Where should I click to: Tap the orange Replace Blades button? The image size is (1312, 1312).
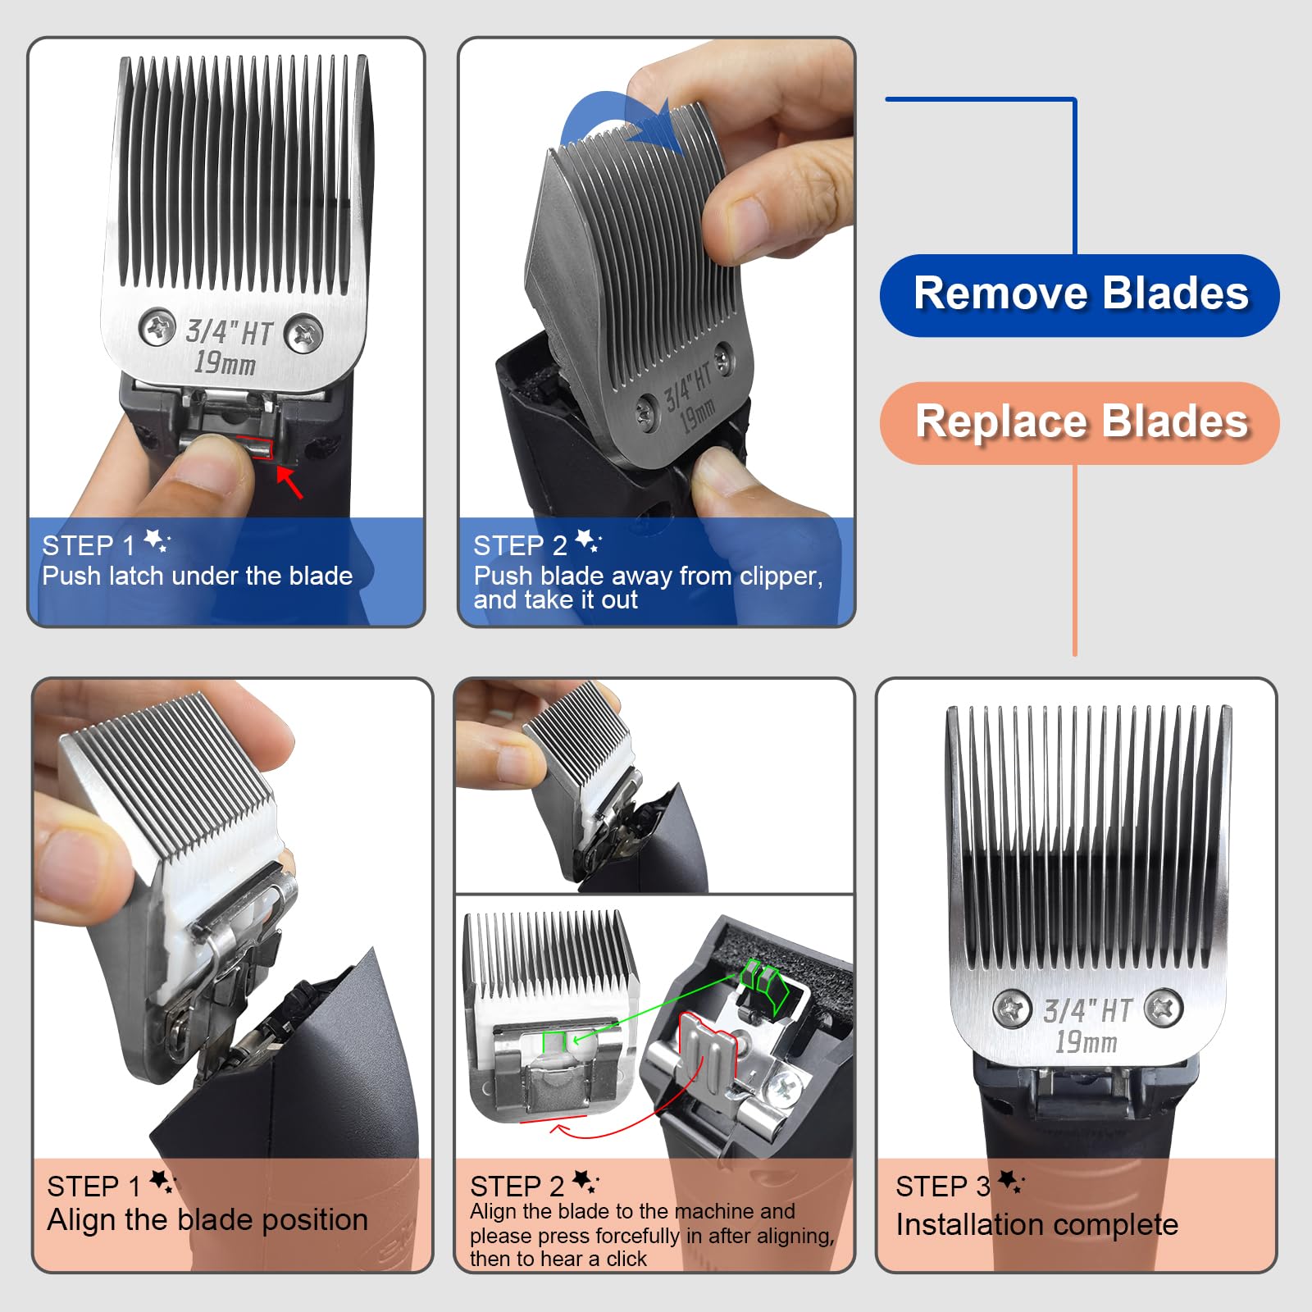(1079, 422)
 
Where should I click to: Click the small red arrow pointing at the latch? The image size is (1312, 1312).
(290, 481)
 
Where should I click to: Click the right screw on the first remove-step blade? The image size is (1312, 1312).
(304, 334)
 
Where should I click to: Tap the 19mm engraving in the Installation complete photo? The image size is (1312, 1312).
(1086, 1042)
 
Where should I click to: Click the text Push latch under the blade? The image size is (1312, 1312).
(198, 576)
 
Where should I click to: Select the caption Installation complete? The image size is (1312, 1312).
(1036, 1225)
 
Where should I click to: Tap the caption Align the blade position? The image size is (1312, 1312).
(207, 1220)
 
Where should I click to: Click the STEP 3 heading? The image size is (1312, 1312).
(943, 1187)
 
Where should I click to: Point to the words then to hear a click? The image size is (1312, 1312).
(558, 1259)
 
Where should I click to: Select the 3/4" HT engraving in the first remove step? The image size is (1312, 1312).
(229, 332)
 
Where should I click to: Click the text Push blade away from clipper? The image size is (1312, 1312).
(648, 576)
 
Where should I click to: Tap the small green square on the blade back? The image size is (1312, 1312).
(554, 1041)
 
